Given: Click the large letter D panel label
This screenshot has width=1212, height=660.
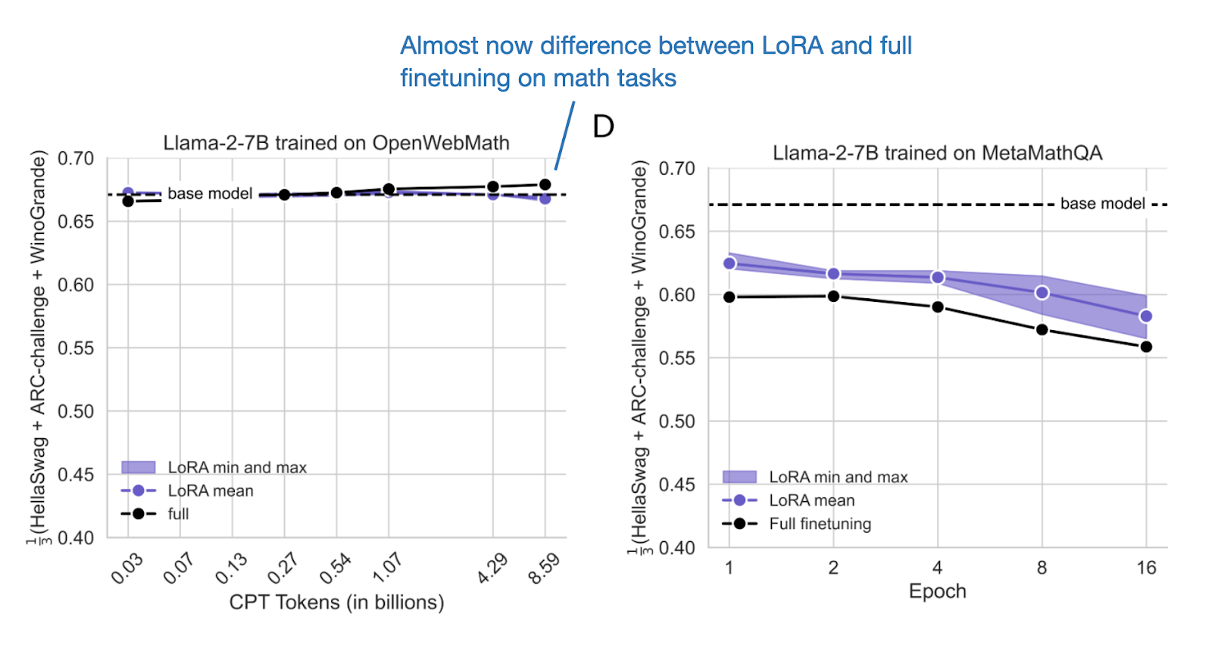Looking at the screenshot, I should coord(603,126).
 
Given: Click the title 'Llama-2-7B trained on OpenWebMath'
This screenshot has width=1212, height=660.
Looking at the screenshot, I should coord(336,143).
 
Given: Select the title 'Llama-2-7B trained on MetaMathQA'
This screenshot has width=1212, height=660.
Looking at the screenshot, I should coord(937,153).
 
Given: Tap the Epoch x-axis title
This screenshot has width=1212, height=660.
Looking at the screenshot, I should coord(937,591).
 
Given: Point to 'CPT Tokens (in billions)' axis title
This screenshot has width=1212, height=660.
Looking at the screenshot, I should coord(336,602).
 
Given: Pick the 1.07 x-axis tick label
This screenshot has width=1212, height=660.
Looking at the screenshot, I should coord(387,568).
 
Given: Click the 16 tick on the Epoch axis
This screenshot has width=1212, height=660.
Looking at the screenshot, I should coord(1146,568).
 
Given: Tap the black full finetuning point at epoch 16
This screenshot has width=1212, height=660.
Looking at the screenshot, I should coord(1146,347).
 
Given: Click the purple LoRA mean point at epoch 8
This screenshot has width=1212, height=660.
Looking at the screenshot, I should coord(1042,292).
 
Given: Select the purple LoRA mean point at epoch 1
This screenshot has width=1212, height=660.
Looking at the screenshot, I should coord(729,263).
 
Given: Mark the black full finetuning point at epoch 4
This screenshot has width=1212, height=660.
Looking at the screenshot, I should coord(938,307).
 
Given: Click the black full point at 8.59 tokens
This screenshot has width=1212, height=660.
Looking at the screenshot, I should coord(545,185).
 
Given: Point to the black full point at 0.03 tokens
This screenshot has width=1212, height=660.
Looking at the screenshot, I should coord(128,201).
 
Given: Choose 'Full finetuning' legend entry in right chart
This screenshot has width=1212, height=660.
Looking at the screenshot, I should coord(820,524).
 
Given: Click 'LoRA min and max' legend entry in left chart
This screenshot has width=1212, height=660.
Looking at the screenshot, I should coord(236,468).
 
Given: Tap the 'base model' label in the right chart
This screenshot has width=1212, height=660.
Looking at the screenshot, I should coord(1102,204).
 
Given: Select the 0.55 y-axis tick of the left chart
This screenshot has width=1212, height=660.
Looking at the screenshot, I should coord(76,348).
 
